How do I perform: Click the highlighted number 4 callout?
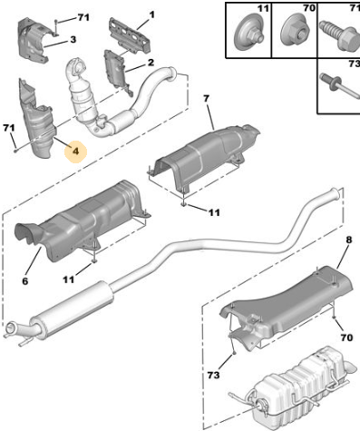pos(75,152)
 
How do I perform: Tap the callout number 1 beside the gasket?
pos(151,15)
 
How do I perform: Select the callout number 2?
pos(151,63)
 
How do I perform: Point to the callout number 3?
pos(73,39)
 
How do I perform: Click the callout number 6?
pos(25,281)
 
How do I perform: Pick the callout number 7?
pos(206,99)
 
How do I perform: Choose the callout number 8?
pos(349,240)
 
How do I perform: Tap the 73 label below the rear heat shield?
pos(213,375)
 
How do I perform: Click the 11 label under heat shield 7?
pos(214,212)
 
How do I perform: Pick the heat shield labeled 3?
pos(34,39)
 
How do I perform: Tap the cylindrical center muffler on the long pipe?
pos(71,307)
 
